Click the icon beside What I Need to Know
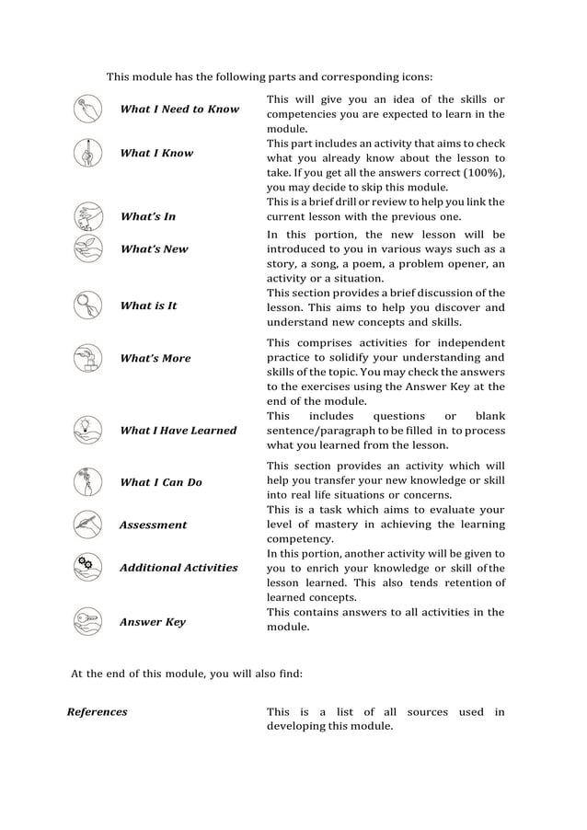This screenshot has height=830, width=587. click(87, 109)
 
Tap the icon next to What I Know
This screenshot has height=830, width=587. click(87, 153)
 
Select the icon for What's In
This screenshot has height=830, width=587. click(87, 216)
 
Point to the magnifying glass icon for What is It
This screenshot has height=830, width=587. click(87, 305)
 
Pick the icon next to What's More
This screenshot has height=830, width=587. click(87, 358)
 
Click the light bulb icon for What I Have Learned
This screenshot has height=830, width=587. click(87, 430)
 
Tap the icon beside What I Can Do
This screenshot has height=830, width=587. click(87, 481)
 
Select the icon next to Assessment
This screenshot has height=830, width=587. click(87, 525)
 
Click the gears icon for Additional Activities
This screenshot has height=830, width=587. click(87, 567)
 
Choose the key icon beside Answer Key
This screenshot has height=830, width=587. click(87, 622)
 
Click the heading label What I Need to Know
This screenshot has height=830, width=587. click(179, 109)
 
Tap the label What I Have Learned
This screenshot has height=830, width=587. click(178, 430)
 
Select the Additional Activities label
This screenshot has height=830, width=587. click(178, 568)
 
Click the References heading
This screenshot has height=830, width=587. click(98, 711)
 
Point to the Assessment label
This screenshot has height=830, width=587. click(153, 525)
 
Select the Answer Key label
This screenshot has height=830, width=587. click(152, 622)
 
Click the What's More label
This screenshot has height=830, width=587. click(155, 358)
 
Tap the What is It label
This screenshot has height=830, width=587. click(148, 305)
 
